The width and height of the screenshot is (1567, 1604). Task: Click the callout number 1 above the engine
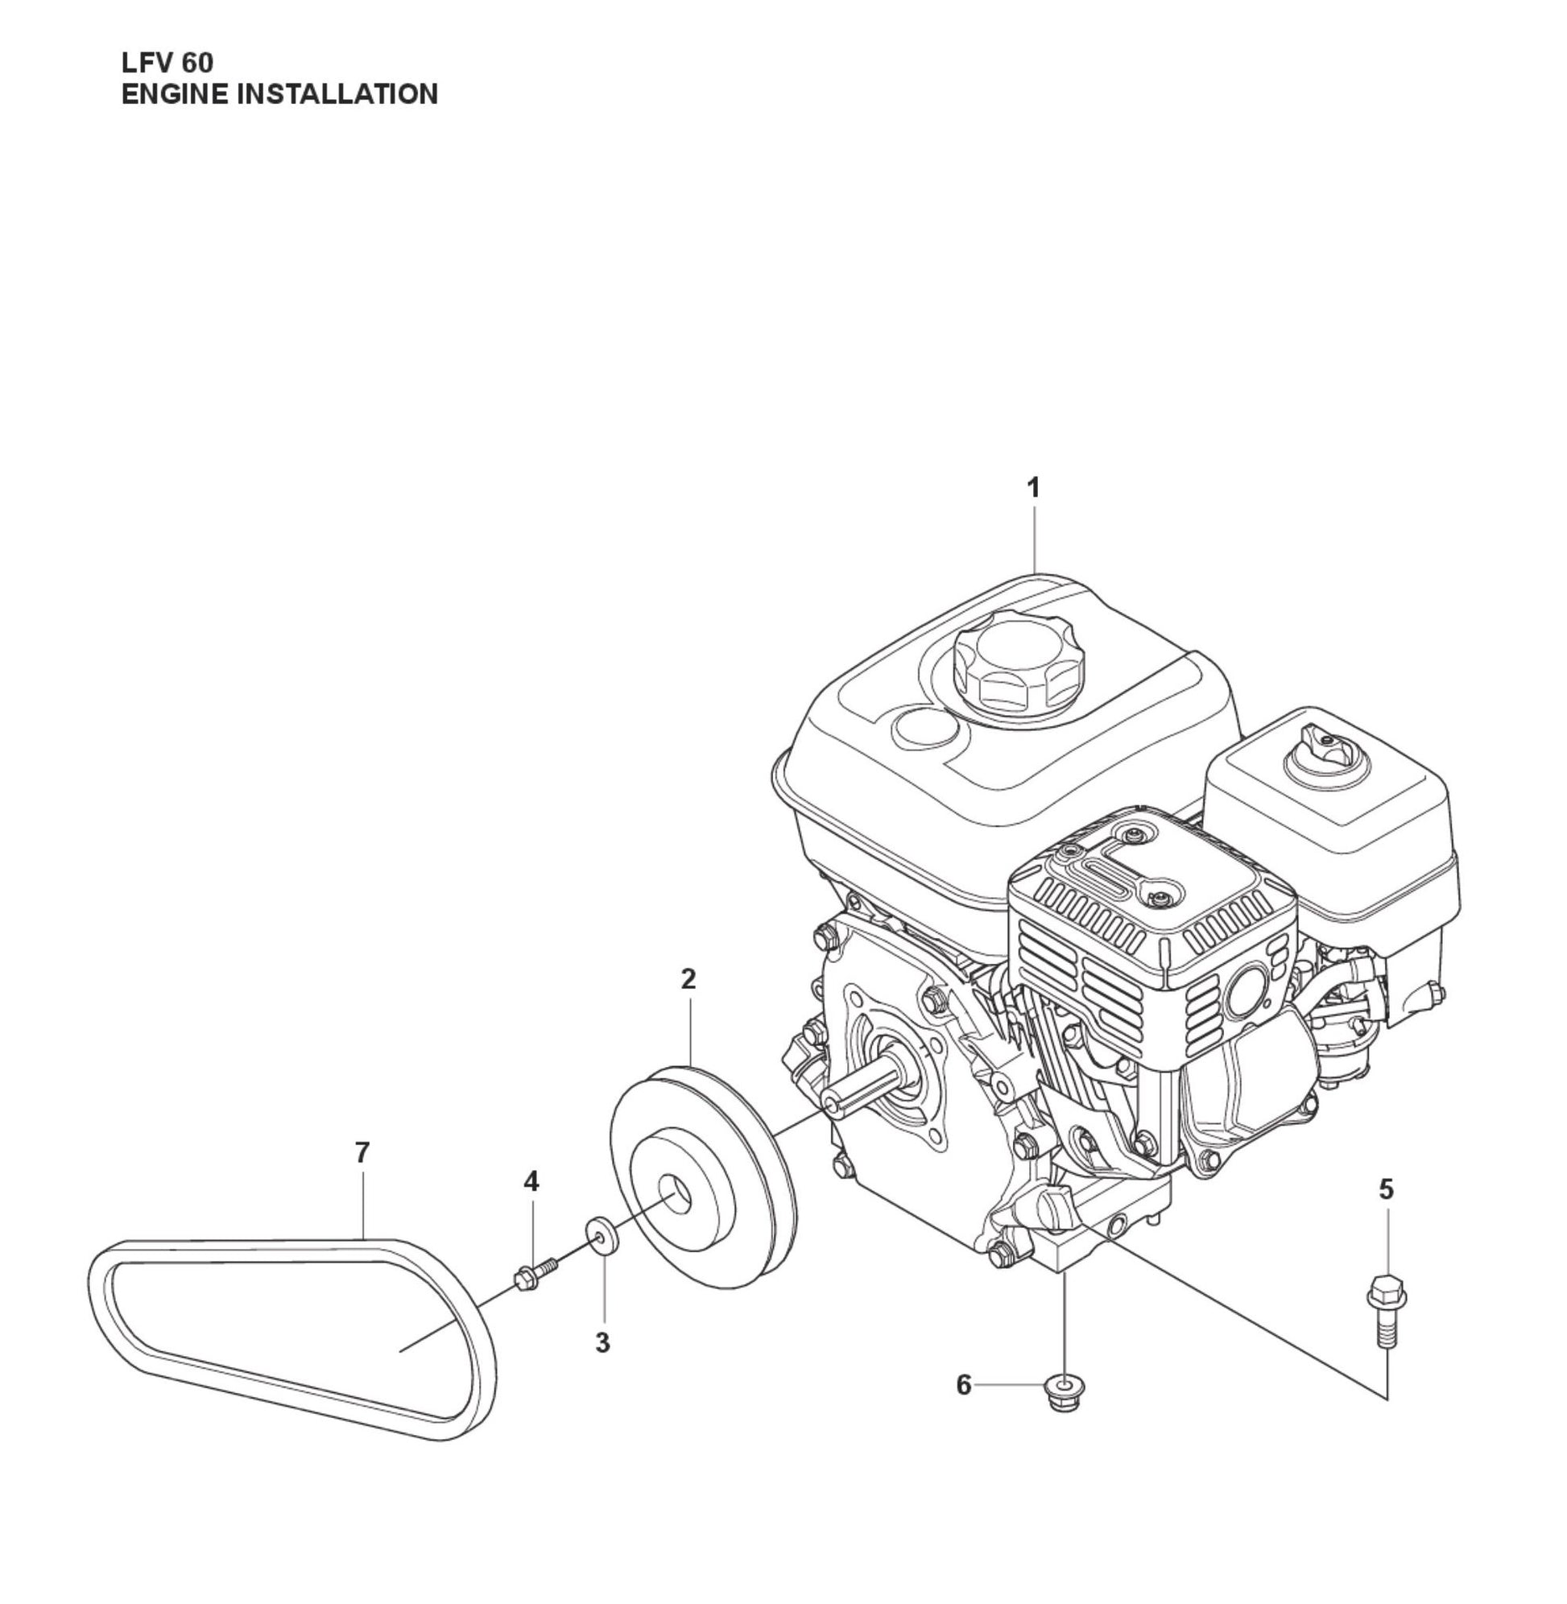(1034, 488)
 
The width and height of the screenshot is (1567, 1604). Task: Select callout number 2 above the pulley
(688, 978)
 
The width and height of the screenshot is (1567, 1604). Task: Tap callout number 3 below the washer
(602, 1343)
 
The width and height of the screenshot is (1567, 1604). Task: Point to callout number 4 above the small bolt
(531, 1182)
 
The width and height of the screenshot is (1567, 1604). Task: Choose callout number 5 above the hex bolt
(1387, 1189)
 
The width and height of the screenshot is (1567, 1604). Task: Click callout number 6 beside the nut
(964, 1385)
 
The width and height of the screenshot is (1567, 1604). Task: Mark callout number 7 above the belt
(362, 1153)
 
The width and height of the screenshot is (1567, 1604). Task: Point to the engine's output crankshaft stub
(864, 1088)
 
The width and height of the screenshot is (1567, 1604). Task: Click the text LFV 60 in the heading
(167, 64)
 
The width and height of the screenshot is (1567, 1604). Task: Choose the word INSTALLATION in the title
(337, 95)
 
